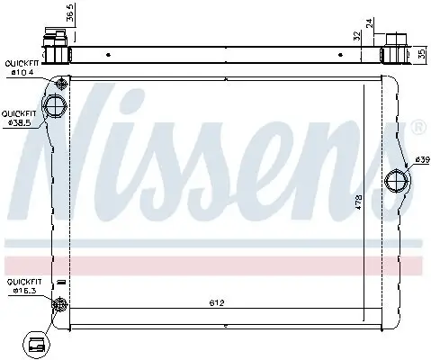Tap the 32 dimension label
click(358, 37)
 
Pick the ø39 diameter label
click(420, 160)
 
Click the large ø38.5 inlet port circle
click(56, 108)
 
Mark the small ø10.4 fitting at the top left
click(61, 85)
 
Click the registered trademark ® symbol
click(418, 130)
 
